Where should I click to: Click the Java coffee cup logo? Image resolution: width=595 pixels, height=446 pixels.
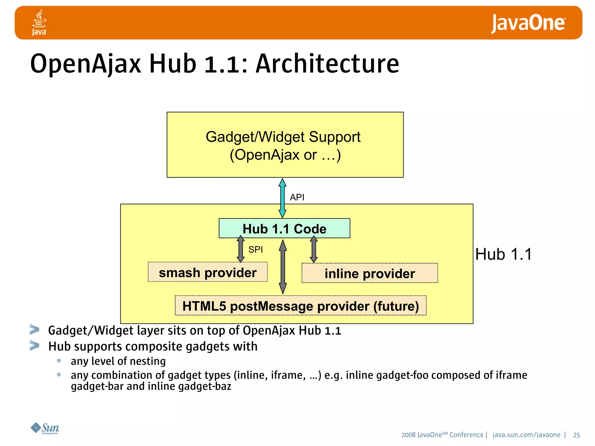click(x=39, y=22)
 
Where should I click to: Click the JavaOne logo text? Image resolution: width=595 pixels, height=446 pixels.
click(x=528, y=23)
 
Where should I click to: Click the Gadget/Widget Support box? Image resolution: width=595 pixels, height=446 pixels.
click(x=285, y=145)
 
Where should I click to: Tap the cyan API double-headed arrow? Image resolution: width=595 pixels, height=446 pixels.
click(x=282, y=198)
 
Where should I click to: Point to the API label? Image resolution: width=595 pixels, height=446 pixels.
click(x=297, y=197)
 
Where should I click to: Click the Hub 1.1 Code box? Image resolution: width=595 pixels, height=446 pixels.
click(x=284, y=229)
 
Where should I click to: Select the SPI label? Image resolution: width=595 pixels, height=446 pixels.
click(x=255, y=249)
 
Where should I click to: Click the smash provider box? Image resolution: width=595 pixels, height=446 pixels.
click(x=207, y=272)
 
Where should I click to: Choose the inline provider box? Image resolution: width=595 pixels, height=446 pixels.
click(x=370, y=273)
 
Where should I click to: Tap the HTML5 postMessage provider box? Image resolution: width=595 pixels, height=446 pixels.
click(x=300, y=306)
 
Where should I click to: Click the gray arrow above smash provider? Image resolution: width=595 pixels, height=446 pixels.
click(x=241, y=249)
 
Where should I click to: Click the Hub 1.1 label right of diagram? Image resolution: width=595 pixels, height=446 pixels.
click(x=503, y=254)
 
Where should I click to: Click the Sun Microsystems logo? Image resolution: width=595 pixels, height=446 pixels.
click(x=45, y=428)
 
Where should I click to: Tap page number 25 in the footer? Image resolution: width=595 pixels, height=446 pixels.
click(x=576, y=435)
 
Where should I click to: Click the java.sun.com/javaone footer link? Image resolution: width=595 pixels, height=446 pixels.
click(x=526, y=435)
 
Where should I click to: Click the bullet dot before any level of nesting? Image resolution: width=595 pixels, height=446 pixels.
click(x=59, y=361)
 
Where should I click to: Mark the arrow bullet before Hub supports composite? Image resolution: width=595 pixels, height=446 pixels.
click(x=35, y=346)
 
